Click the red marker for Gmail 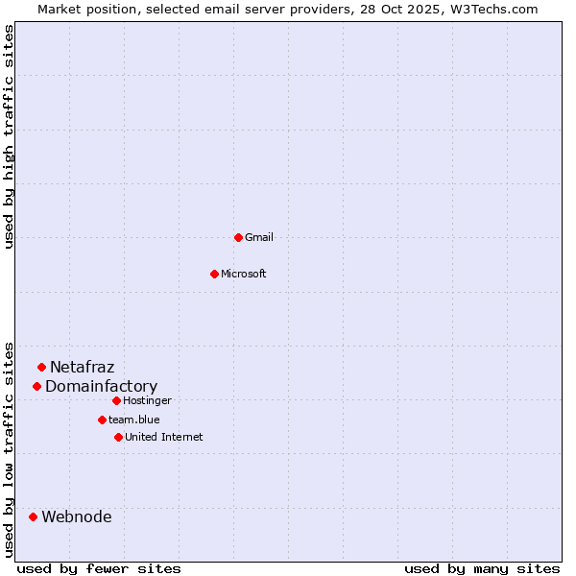238,237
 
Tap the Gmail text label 259,237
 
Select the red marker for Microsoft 214,274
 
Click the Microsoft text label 244,274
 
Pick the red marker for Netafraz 41,367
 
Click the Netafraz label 82,367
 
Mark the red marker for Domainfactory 36,386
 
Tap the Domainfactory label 101,387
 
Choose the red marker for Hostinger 116,400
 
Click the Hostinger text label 147,400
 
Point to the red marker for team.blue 102,420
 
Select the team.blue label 134,420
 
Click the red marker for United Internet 118,437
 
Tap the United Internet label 163,437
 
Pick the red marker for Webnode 33,516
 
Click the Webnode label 76,517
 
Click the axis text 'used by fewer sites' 99,568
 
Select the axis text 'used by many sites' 482,568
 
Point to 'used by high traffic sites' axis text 10,136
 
